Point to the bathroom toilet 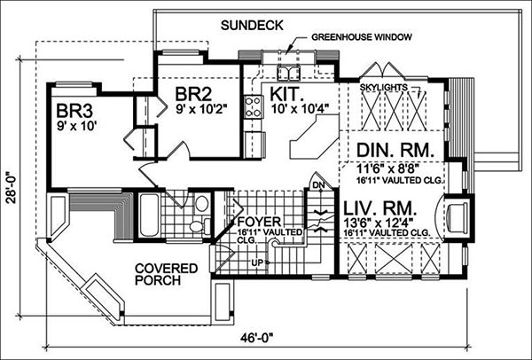pyautogui.click(x=201, y=209)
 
